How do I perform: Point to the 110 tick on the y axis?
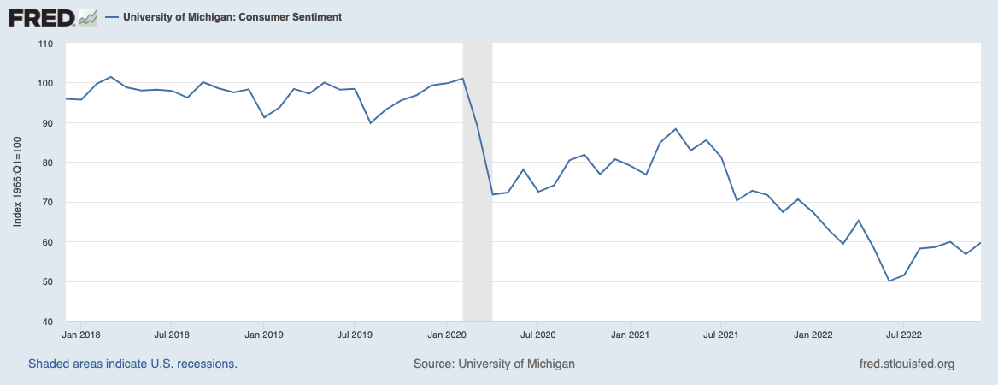(x=46, y=44)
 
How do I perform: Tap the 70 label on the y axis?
(x=46, y=203)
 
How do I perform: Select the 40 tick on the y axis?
(x=46, y=322)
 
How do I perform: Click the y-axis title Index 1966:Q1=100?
(x=18, y=182)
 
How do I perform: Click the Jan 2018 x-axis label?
(x=83, y=335)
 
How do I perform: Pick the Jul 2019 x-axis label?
(x=354, y=335)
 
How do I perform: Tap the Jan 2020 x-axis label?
(x=445, y=335)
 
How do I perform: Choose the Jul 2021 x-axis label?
(x=720, y=335)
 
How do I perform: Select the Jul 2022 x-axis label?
(x=903, y=335)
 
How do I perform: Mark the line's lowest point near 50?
(x=889, y=281)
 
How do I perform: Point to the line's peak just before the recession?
(x=462, y=79)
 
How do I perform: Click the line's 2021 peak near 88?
(x=676, y=129)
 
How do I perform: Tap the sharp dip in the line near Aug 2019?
(x=370, y=123)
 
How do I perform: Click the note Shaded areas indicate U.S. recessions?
(x=132, y=364)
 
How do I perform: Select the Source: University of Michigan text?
(x=494, y=364)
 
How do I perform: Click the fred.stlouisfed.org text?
(x=906, y=364)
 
